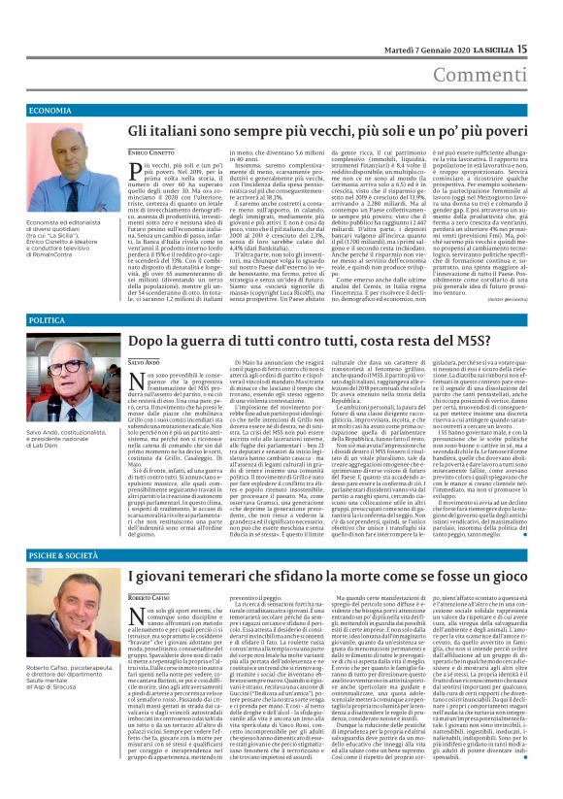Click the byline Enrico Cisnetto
(x=151, y=155)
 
